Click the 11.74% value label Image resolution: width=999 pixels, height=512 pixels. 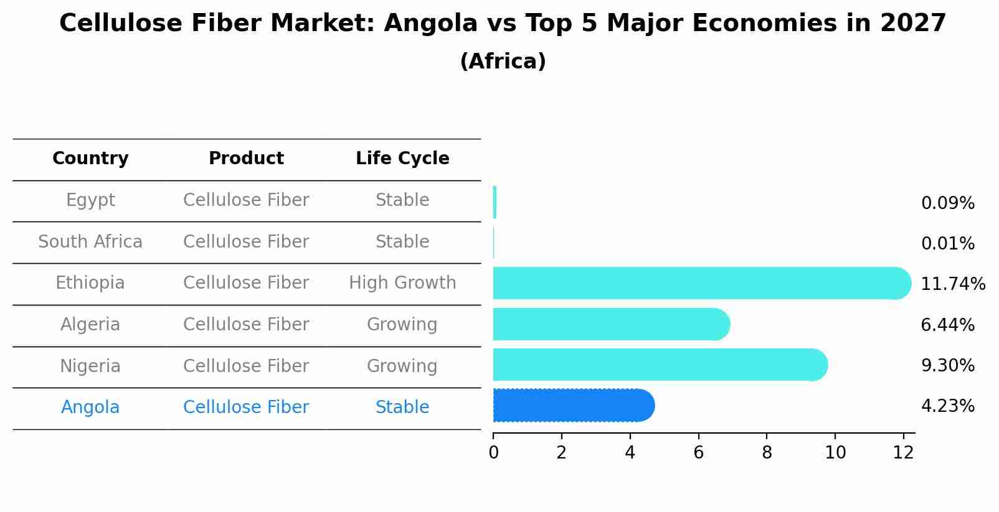click(x=952, y=284)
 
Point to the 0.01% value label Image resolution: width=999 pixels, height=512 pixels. click(x=947, y=244)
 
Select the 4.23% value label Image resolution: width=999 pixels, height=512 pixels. click(x=947, y=406)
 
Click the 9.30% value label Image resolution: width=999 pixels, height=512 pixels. click(x=947, y=366)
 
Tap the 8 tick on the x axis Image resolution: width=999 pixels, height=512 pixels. click(x=767, y=453)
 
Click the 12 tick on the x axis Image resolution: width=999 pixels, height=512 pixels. click(x=903, y=453)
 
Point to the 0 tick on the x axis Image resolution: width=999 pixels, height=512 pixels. click(x=493, y=453)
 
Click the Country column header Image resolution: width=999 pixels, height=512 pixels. click(x=90, y=159)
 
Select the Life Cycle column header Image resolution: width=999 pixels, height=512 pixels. click(x=402, y=159)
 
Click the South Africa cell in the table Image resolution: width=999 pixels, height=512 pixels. click(x=90, y=241)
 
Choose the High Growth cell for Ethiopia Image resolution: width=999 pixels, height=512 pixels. click(x=402, y=283)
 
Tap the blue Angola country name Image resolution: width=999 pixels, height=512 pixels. click(x=90, y=407)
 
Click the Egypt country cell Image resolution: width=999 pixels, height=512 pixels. click(x=90, y=200)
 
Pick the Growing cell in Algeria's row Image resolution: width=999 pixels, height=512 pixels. click(x=402, y=325)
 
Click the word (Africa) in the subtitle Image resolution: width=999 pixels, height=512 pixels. click(x=503, y=62)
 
